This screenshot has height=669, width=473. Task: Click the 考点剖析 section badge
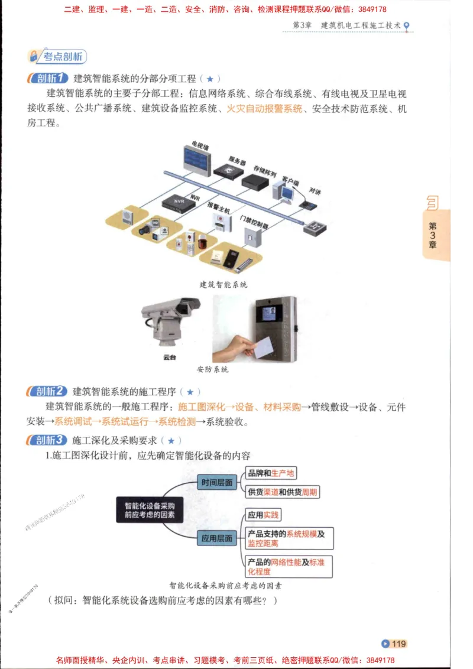(57, 56)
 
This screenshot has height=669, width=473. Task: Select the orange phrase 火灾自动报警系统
(264, 109)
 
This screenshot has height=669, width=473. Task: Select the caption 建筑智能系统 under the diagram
(223, 284)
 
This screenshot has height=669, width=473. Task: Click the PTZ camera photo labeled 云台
(170, 324)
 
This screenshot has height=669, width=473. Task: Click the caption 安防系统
(213, 370)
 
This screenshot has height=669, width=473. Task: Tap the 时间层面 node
(216, 482)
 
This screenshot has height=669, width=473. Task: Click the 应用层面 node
(216, 538)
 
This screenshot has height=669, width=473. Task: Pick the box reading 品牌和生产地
(271, 473)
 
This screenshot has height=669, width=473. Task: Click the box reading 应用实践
(264, 515)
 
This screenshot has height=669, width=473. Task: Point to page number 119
(394, 644)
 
